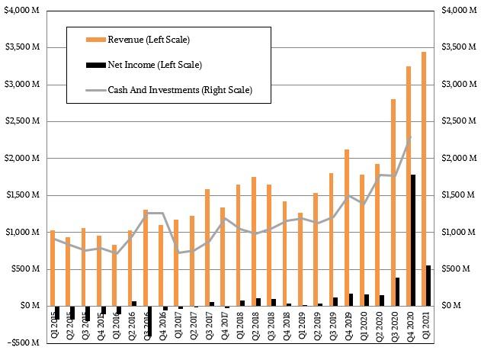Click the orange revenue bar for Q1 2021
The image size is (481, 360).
(x=423, y=178)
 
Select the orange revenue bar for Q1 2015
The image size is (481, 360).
(x=52, y=268)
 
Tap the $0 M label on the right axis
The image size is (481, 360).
(x=452, y=306)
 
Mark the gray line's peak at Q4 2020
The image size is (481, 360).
(x=411, y=137)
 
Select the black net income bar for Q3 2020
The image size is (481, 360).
(x=397, y=291)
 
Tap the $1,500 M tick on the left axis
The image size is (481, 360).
(x=26, y=195)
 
